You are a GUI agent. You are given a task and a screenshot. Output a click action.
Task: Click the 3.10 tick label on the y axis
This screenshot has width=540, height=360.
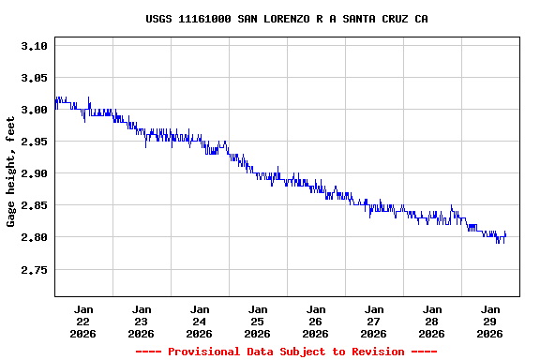33,46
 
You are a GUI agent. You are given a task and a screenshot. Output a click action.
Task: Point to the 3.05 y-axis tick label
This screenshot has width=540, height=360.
33,78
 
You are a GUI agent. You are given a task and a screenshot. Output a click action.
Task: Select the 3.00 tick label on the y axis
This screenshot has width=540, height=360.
33,110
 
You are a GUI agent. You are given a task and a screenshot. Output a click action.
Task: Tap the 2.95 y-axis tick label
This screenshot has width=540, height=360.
33,142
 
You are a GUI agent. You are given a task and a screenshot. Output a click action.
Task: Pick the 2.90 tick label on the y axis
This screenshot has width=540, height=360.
33,173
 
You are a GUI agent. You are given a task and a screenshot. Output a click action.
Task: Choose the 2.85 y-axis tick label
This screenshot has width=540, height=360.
33,205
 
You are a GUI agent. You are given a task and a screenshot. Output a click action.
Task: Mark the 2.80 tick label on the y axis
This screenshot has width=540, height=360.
33,237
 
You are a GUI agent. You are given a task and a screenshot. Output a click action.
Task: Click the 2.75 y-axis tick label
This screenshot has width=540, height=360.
33,269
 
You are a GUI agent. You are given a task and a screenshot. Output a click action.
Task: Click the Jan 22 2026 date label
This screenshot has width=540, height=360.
83,321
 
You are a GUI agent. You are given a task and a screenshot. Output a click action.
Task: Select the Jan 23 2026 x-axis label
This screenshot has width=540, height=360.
142,321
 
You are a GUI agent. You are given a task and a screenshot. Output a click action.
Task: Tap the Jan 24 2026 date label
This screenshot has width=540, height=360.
200,321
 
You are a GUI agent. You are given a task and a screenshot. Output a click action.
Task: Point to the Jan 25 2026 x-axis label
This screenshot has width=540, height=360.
258,321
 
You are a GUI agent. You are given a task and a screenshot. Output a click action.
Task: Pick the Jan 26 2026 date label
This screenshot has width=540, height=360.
316,321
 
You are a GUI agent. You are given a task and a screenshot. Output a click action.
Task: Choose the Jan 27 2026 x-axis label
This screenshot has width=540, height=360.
374,321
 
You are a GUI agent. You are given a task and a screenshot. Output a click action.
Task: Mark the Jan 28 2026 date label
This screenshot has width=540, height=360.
432,321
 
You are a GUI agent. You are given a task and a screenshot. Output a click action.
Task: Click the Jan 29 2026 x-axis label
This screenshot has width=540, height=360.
490,321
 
